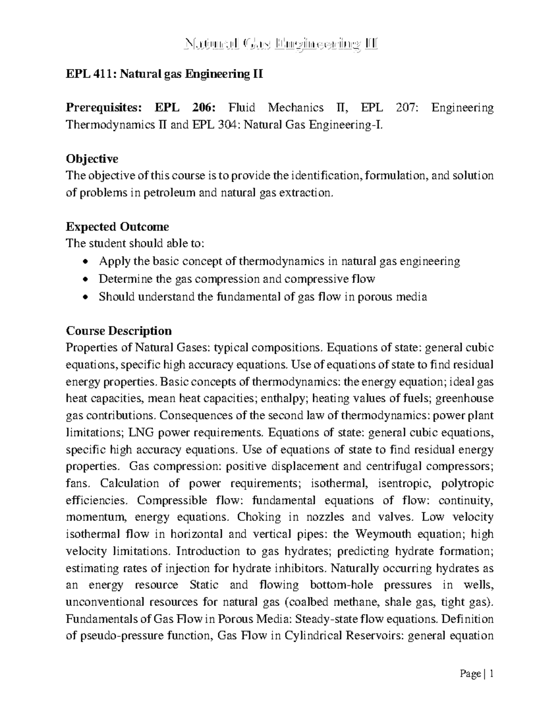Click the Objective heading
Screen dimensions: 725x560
point(92,159)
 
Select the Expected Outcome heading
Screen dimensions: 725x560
point(117,227)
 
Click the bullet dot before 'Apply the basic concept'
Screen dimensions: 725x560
point(84,262)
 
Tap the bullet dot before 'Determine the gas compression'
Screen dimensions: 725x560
point(84,280)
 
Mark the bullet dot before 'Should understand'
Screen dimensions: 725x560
point(84,297)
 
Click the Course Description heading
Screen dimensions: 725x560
point(119,331)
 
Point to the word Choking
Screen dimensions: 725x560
point(259,517)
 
